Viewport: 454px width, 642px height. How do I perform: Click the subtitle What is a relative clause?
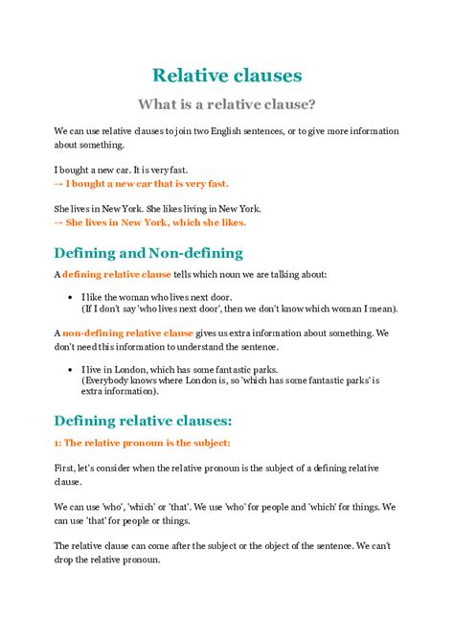[227, 103]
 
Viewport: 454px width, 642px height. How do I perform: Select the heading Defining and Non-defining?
[148, 253]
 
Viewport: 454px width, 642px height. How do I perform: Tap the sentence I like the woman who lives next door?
[165, 297]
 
